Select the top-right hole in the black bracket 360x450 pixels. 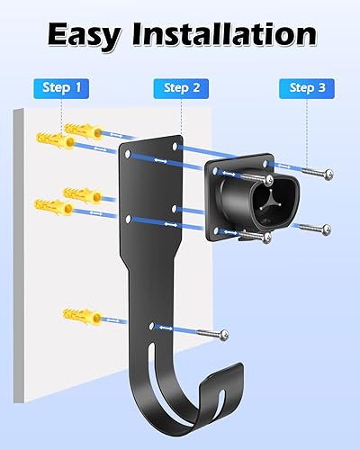coord(172,142)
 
